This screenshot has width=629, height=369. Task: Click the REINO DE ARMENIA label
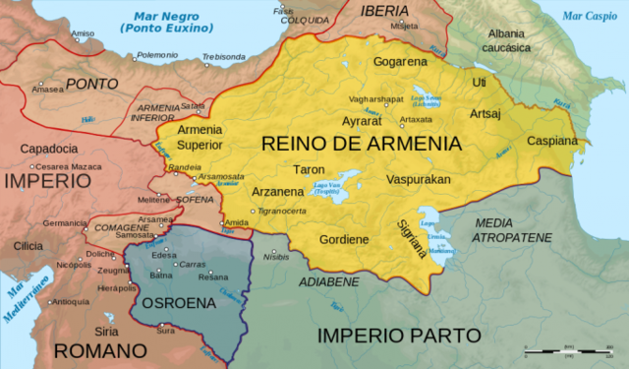tap(361, 144)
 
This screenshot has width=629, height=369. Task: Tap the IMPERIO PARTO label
tap(399, 336)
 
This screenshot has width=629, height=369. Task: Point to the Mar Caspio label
tap(588, 17)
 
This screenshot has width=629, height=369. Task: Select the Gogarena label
tap(400, 62)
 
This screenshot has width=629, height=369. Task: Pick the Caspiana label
tap(551, 141)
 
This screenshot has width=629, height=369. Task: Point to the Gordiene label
tap(343, 239)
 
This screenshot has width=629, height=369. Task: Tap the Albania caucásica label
tap(507, 40)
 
